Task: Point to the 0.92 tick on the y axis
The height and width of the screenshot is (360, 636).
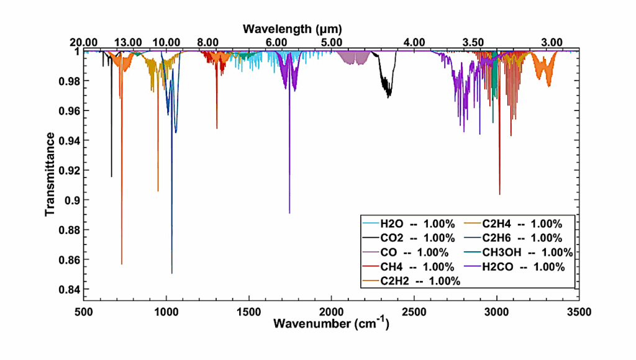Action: [x=67, y=170]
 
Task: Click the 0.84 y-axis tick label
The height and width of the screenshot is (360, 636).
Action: [x=67, y=289]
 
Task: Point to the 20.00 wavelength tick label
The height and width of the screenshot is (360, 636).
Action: [x=83, y=42]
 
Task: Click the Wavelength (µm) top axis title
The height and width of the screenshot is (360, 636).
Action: [x=293, y=29]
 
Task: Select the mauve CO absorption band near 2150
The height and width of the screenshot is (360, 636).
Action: [x=354, y=58]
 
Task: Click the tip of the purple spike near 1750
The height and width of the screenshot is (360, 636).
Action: [x=289, y=212]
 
